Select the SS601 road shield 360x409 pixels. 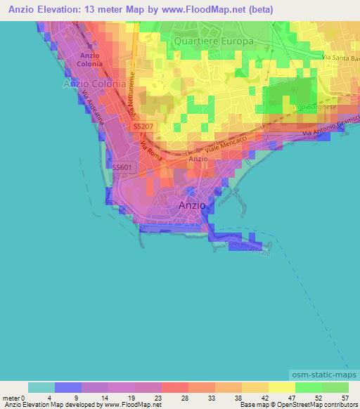(x=121, y=167)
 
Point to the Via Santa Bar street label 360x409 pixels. (x=340, y=56)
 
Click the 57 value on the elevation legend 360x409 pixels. (x=345, y=397)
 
